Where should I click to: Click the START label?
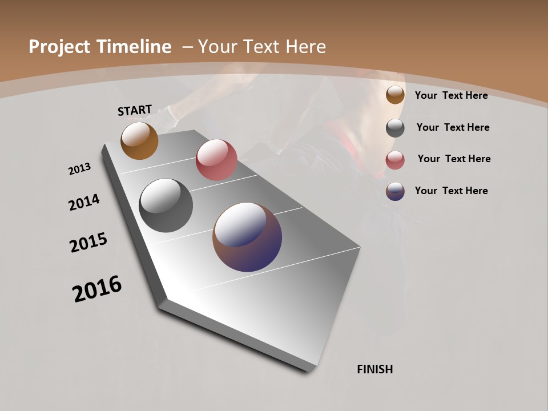pyautogui.click(x=135, y=110)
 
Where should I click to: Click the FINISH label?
pyautogui.click(x=375, y=369)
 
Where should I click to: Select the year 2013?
pyautogui.click(x=79, y=169)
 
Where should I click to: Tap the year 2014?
pyautogui.click(x=84, y=203)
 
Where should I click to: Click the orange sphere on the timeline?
pyautogui.click(x=139, y=140)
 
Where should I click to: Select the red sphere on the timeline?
pyautogui.click(x=216, y=160)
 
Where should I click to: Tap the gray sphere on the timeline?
pyautogui.click(x=166, y=205)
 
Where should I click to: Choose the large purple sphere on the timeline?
pyautogui.click(x=247, y=237)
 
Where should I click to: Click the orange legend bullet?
pyautogui.click(x=395, y=95)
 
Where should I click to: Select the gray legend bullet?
pyautogui.click(x=395, y=128)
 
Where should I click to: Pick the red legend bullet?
pyautogui.click(x=395, y=159)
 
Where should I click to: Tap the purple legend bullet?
pyautogui.click(x=395, y=191)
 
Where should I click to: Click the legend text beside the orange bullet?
pyautogui.click(x=452, y=95)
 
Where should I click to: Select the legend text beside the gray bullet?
pyautogui.click(x=453, y=127)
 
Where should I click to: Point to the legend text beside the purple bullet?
pyautogui.click(x=452, y=191)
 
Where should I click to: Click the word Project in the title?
pyautogui.click(x=60, y=47)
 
